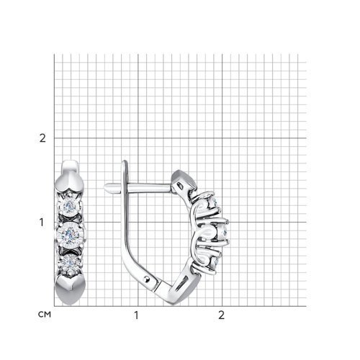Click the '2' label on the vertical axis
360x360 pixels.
point(42,138)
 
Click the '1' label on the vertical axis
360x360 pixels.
point(42,222)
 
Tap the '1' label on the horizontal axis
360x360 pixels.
point(136,315)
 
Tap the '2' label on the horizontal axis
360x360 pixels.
point(221,315)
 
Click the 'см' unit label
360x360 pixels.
point(45,314)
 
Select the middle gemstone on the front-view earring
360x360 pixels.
point(69,233)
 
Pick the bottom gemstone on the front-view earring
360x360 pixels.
point(70,261)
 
